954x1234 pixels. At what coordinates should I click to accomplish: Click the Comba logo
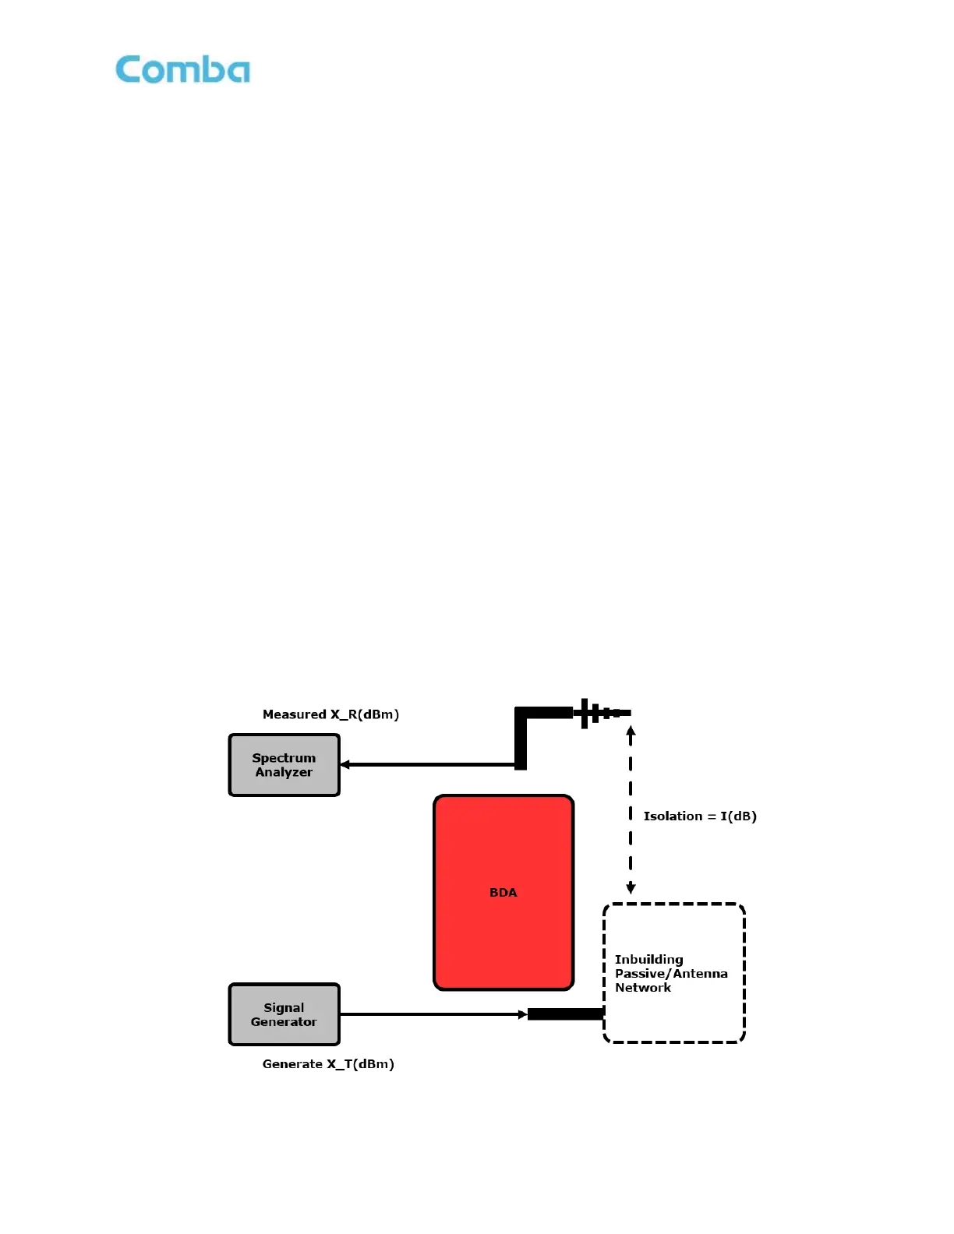[182, 69]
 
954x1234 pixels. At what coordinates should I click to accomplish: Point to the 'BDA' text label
[503, 893]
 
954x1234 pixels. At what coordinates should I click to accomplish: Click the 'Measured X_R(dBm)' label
[330, 714]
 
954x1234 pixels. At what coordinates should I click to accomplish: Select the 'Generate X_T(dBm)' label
[328, 1064]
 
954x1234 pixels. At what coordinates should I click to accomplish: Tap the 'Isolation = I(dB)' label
[700, 816]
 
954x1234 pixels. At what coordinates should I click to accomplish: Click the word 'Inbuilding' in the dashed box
[648, 960]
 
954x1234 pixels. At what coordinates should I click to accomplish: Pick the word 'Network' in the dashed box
[643, 988]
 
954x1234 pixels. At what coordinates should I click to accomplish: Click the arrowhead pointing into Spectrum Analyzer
[345, 765]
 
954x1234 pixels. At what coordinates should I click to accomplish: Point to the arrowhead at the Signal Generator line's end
[522, 1014]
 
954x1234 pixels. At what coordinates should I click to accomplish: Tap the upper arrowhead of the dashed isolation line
[631, 732]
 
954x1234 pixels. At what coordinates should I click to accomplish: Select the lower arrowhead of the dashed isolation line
[631, 888]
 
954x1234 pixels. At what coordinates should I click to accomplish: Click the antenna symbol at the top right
[600, 713]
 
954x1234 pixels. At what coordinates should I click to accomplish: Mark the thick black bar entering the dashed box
[565, 1014]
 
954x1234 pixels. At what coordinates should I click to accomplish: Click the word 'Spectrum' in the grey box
[284, 758]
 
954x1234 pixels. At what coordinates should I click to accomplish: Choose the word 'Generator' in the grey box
[284, 1022]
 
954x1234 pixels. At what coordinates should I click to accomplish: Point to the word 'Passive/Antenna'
[671, 974]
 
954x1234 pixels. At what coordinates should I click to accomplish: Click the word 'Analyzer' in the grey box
[284, 772]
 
